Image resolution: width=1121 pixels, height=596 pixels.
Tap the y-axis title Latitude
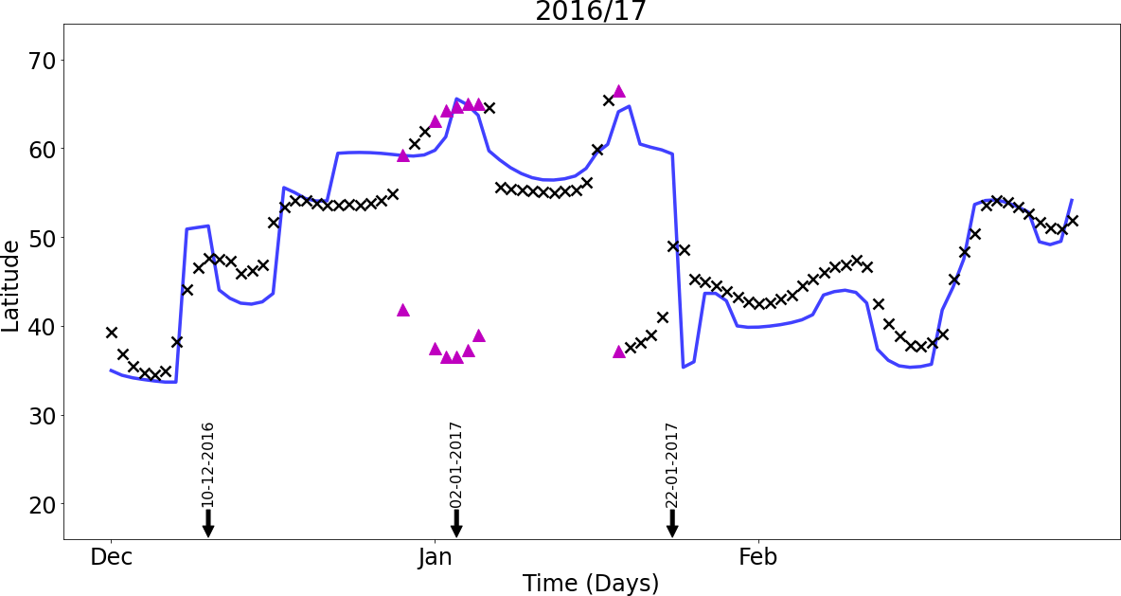point(10,285)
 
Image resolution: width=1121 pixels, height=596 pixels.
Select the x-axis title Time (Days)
point(591,583)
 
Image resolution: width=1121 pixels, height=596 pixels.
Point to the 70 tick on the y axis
point(42,60)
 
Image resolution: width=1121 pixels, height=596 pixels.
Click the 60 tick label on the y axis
point(42,149)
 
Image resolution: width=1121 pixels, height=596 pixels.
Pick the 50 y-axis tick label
point(42,238)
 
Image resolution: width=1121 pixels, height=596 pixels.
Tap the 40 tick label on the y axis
point(42,326)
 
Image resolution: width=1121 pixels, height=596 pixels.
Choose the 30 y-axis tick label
point(42,415)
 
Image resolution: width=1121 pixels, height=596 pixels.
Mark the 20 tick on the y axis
point(42,504)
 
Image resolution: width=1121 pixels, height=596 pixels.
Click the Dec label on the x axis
point(112,557)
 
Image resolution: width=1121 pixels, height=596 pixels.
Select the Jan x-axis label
point(435,557)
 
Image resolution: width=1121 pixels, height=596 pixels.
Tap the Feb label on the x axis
point(757,557)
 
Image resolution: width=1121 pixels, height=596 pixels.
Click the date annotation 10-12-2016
point(208,464)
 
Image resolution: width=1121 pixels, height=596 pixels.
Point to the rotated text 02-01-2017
point(456,464)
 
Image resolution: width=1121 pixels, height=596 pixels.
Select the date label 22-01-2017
point(672,464)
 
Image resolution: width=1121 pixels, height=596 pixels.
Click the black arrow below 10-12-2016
point(208,524)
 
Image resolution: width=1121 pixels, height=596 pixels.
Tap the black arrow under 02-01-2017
point(456,524)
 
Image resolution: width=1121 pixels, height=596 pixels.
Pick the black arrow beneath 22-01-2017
point(672,524)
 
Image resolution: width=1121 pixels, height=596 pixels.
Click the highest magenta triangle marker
point(619,91)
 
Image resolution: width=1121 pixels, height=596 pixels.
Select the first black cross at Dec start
point(112,332)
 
